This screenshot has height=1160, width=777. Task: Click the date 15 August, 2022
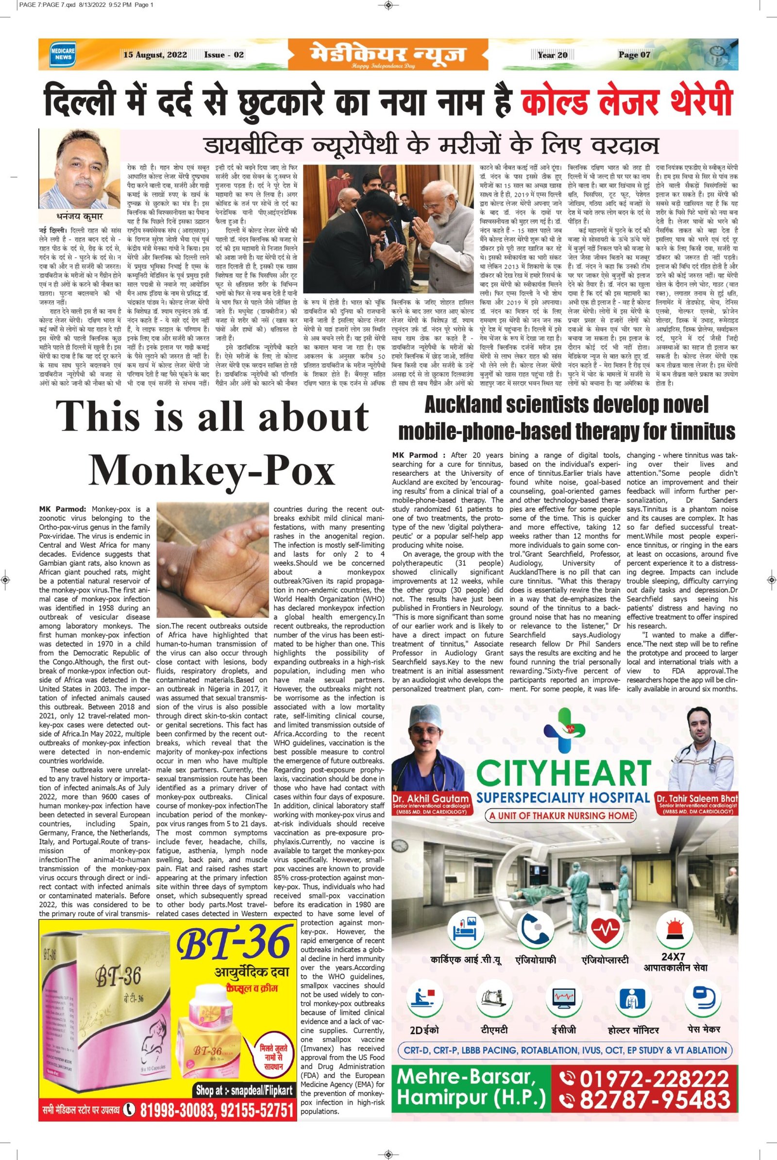click(x=155, y=55)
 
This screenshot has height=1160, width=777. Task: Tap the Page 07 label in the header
click(x=634, y=55)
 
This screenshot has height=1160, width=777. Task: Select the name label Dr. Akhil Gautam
click(x=430, y=798)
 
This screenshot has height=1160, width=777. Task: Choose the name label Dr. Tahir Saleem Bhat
click(x=696, y=798)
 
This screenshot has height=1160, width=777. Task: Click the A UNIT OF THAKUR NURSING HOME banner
click(x=563, y=815)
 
